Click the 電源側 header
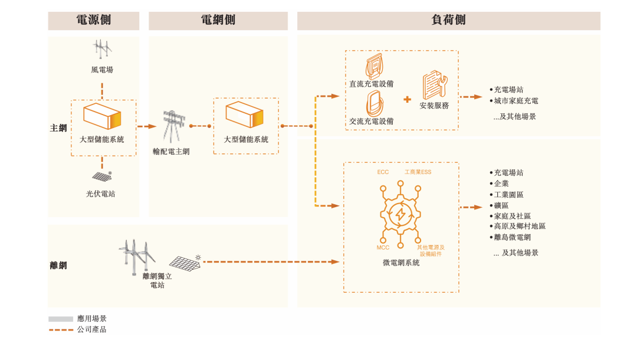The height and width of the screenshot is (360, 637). [x=94, y=20]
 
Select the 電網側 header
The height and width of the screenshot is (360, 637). [x=218, y=20]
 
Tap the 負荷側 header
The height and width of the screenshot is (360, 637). [x=448, y=20]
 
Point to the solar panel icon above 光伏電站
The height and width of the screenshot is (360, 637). [x=102, y=176]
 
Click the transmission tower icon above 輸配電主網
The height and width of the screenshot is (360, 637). [x=173, y=125]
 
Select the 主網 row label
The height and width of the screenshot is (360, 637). [x=58, y=127]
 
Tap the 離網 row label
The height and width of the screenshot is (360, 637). [x=58, y=266]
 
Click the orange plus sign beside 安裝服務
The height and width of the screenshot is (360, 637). [x=407, y=99]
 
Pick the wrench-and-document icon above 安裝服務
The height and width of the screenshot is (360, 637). [x=435, y=84]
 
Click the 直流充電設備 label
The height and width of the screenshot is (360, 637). [x=371, y=84]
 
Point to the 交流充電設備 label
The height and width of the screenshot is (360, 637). [x=371, y=121]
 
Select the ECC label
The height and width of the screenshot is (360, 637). [x=383, y=172]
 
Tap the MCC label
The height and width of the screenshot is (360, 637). [x=383, y=247]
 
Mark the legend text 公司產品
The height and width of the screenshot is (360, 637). [x=91, y=329]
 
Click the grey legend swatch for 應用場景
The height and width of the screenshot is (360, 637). [x=61, y=319]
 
